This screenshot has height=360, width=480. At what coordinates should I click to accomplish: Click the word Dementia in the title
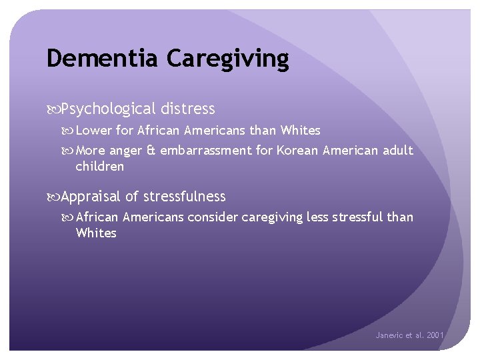[x=103, y=59]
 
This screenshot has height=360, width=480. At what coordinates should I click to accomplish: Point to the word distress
[x=188, y=109]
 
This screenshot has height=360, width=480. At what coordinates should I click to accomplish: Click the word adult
[x=398, y=151]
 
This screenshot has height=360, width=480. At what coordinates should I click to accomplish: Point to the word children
[x=100, y=167]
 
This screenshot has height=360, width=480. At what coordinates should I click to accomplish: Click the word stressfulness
[x=185, y=197]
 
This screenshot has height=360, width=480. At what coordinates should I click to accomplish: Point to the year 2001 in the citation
[x=435, y=335]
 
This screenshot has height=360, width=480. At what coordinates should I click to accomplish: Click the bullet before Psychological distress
[x=53, y=109]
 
